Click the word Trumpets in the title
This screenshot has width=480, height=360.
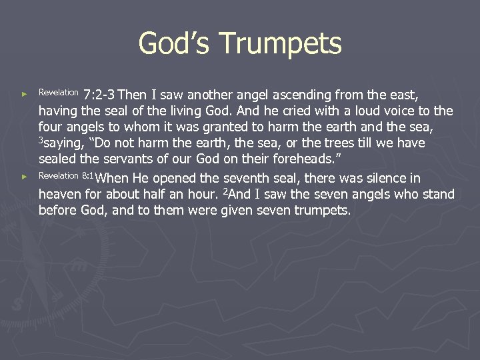point(280,44)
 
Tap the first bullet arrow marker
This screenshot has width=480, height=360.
point(25,95)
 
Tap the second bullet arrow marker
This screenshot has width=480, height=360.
point(25,177)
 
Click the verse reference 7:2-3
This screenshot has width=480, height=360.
point(99,94)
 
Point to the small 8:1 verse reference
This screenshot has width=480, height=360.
point(89,176)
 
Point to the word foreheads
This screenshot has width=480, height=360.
point(297,159)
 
